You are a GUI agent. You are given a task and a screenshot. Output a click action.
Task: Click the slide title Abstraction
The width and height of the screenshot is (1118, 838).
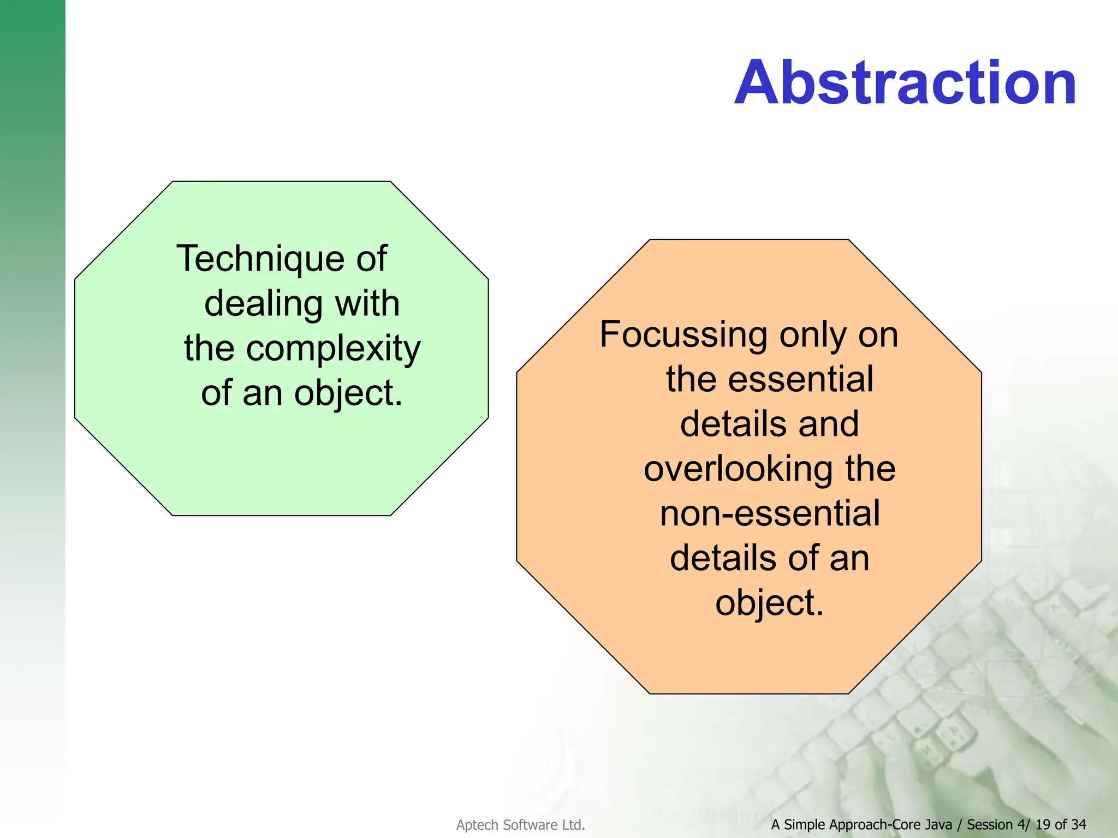(905, 83)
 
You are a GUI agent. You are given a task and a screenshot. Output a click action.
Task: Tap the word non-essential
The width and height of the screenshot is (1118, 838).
(770, 513)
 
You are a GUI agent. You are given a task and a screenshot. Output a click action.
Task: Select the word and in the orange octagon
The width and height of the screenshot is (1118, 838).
(829, 424)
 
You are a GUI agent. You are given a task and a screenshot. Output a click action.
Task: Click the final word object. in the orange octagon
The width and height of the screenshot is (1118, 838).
(769, 603)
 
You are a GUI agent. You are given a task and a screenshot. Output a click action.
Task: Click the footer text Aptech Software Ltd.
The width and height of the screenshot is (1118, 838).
(520, 825)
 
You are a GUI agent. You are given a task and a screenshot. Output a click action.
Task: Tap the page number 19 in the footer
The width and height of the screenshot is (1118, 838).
(1043, 824)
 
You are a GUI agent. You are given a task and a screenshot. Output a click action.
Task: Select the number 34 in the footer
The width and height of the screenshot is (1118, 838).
(1078, 824)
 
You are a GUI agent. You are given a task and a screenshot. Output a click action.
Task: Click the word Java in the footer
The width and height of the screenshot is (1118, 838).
(938, 824)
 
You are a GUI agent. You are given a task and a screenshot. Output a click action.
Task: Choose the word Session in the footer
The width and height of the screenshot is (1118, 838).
(990, 824)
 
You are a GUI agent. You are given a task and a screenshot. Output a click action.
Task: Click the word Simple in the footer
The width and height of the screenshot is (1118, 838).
(805, 824)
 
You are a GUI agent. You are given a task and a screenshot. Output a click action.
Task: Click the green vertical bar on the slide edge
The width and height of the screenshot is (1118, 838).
(32, 273)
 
